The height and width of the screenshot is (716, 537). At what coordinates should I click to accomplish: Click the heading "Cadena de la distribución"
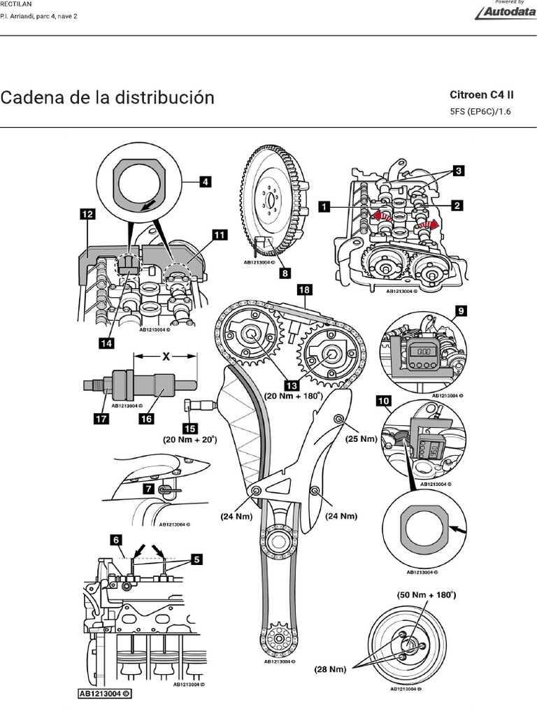tap(107, 97)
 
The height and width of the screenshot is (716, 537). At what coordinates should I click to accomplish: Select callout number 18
tap(304, 288)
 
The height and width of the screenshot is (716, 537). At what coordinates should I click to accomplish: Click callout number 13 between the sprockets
tap(289, 383)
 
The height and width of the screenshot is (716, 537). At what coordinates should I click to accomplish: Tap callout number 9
tap(460, 309)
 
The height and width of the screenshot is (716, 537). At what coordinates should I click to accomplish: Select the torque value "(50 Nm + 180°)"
tap(426, 596)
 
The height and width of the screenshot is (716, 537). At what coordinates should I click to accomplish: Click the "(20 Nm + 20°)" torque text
tap(189, 440)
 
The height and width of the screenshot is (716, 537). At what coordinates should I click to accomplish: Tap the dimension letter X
tap(166, 356)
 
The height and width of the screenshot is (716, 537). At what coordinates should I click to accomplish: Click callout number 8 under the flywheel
tap(285, 274)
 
